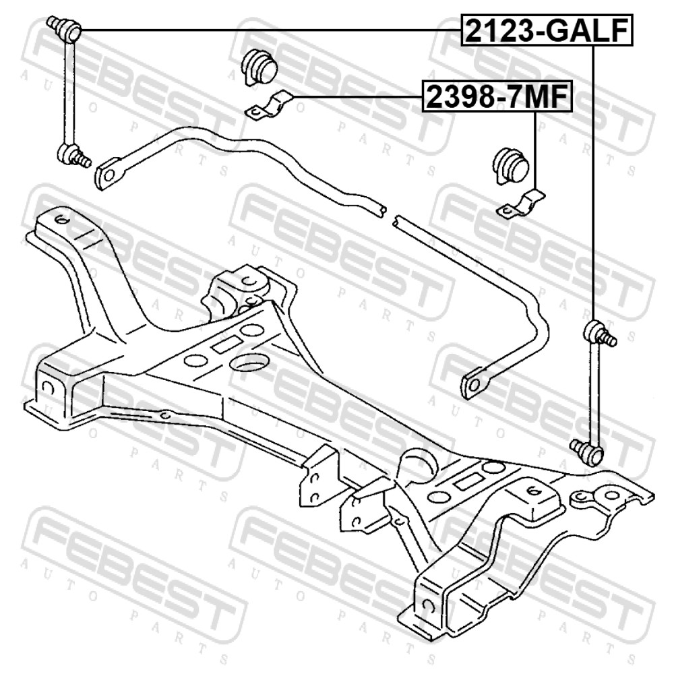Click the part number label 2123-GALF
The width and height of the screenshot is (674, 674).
(x=547, y=30)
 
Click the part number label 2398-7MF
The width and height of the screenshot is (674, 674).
(x=498, y=96)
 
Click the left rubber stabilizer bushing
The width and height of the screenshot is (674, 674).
(x=259, y=67)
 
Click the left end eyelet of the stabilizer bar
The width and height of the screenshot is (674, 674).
(x=110, y=174)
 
